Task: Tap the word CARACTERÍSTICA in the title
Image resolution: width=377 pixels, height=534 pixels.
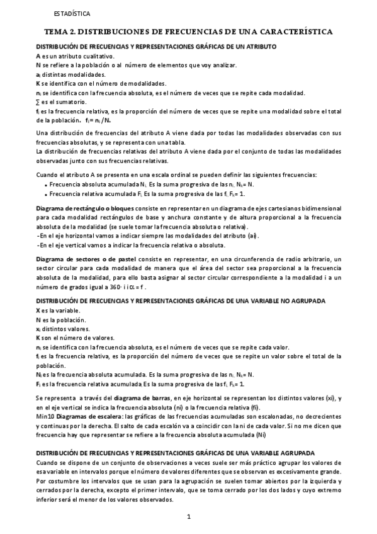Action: tap(296, 31)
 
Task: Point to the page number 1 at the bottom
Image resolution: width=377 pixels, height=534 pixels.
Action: tap(188, 517)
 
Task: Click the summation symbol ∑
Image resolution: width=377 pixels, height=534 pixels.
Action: tap(38, 102)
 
